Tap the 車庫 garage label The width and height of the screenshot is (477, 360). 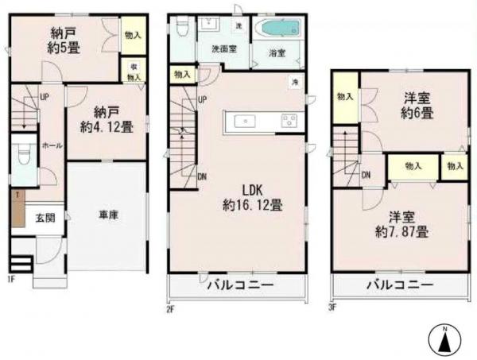[108, 215]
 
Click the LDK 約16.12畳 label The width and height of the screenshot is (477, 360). [252, 197]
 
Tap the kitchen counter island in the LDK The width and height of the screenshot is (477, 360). [262, 121]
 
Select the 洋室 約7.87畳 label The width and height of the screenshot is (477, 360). [403, 225]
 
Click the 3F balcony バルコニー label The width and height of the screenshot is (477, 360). [399, 285]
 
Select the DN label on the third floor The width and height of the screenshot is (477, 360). [366, 175]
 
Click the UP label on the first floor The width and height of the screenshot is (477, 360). [45, 99]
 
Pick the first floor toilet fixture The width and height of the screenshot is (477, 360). [23, 157]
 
